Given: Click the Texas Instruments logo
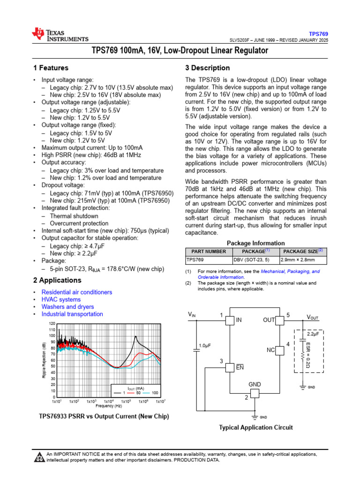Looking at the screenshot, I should (x=60, y=35).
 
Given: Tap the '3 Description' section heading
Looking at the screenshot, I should (x=208, y=68).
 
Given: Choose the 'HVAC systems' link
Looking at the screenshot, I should (x=61, y=300).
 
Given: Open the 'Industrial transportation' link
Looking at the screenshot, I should (x=72, y=314).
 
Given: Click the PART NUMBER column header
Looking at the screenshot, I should (x=209, y=252).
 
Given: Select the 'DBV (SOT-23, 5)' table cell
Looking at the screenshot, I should (x=252, y=260).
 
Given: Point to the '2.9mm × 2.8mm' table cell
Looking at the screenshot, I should (x=298, y=260).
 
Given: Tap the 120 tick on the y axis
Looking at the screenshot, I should (x=52, y=324).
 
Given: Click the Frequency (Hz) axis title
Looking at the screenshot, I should (x=108, y=406).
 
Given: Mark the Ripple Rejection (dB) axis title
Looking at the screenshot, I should (x=44, y=360).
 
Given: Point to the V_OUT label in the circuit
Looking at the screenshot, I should (x=313, y=317).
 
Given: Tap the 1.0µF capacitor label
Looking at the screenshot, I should (x=205, y=345).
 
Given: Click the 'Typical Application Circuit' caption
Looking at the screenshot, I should (x=256, y=427).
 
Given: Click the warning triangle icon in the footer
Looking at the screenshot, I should (x=40, y=457).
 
